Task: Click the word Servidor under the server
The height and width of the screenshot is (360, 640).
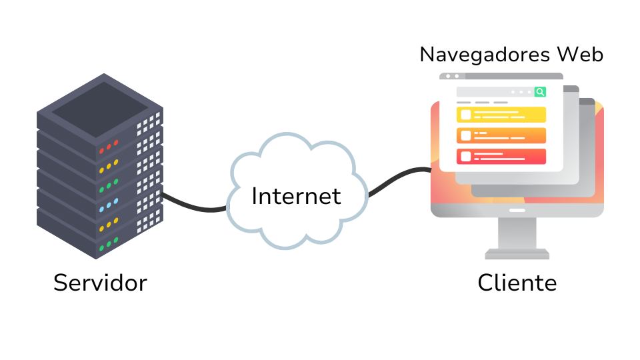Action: coord(100,283)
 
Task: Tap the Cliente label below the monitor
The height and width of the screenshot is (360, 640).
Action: coord(517,283)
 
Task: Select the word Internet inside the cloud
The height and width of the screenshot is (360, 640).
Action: coord(296,196)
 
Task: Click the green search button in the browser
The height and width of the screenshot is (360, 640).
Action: coord(540,92)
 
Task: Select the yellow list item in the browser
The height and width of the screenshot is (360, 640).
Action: coord(501,115)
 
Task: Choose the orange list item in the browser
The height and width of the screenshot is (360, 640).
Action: coord(501,135)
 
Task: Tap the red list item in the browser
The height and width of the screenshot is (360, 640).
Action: coord(501,157)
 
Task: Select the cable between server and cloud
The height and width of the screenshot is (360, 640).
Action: coord(193,205)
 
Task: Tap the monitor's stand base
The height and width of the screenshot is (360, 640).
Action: coord(517,254)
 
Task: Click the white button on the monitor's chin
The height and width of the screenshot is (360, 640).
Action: coord(517,210)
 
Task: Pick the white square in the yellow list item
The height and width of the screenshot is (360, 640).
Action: coord(465,115)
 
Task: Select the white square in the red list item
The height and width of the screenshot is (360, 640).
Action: coord(465,157)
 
